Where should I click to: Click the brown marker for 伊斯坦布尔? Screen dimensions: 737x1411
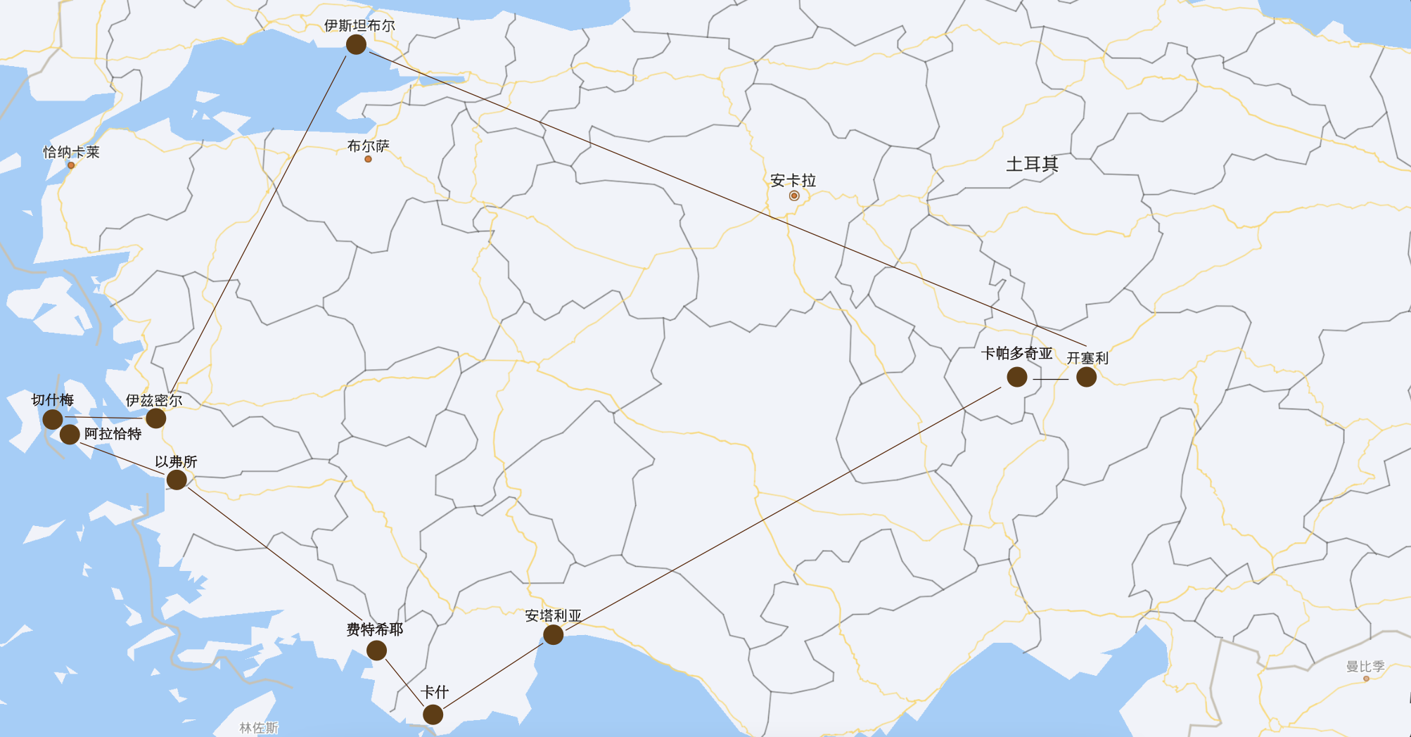pyautogui.click(x=356, y=44)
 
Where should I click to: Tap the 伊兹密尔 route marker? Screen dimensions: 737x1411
pyautogui.click(x=155, y=418)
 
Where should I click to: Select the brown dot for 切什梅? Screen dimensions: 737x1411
pyautogui.click(x=53, y=419)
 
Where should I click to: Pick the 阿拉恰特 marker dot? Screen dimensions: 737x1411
pyautogui.click(x=70, y=435)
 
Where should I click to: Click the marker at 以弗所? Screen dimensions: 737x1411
pyautogui.click(x=177, y=480)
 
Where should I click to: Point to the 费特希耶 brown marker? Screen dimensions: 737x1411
pyautogui.click(x=376, y=650)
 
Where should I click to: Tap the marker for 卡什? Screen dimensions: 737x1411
pyautogui.click(x=433, y=714)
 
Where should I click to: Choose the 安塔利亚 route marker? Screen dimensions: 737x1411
pyautogui.click(x=553, y=634)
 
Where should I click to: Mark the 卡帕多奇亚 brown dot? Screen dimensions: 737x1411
pyautogui.click(x=1016, y=377)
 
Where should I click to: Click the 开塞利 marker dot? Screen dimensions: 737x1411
pyautogui.click(x=1086, y=377)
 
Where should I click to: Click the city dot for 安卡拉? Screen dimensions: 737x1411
pyautogui.click(x=794, y=196)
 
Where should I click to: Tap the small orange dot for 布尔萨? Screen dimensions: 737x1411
pyautogui.click(x=368, y=160)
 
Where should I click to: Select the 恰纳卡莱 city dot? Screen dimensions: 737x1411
pyautogui.click(x=71, y=165)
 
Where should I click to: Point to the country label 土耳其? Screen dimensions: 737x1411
pyautogui.click(x=1032, y=165)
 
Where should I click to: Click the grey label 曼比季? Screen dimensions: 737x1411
pyautogui.click(x=1365, y=666)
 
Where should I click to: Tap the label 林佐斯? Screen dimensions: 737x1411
pyautogui.click(x=259, y=728)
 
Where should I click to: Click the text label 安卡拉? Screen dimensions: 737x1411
pyautogui.click(x=793, y=181)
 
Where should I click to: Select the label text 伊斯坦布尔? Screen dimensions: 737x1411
pyautogui.click(x=359, y=26)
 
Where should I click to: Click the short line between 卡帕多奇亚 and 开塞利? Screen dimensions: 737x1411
pyautogui.click(x=1051, y=379)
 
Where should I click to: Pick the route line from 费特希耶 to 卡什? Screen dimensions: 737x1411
pyautogui.click(x=404, y=681)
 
